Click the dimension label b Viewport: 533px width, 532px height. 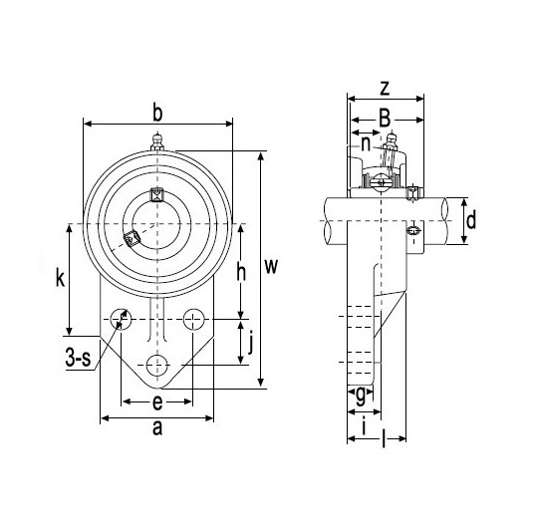(157, 114)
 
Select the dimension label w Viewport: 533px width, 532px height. (271, 266)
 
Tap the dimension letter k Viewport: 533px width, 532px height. (60, 279)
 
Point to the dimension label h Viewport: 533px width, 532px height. (241, 273)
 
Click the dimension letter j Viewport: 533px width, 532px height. (251, 344)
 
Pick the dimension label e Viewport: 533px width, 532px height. (157, 402)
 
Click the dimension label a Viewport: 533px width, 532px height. (157, 428)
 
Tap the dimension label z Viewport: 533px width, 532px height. (385, 89)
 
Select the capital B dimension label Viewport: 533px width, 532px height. (385, 119)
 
